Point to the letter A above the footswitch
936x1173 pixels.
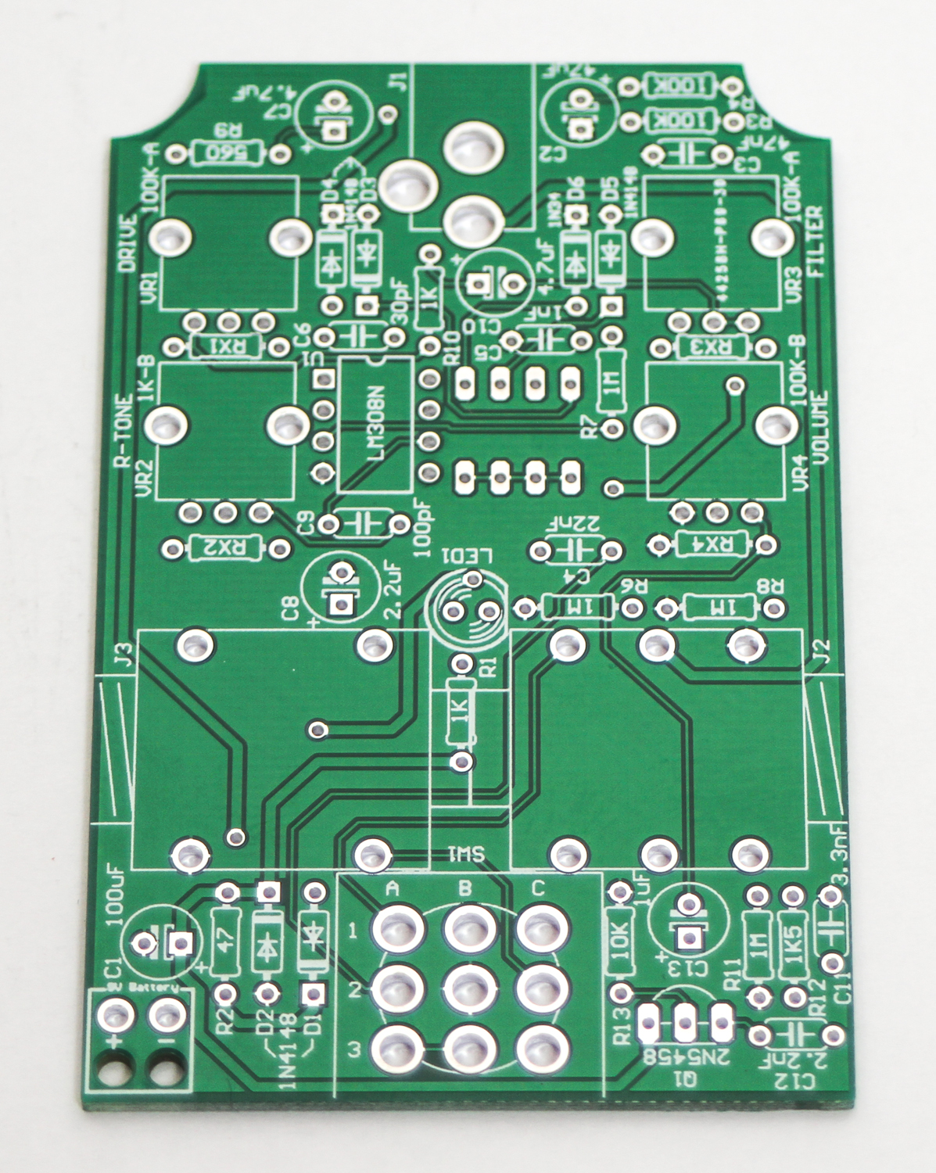[x=393, y=889]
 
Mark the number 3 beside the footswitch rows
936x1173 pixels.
[x=354, y=1049]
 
